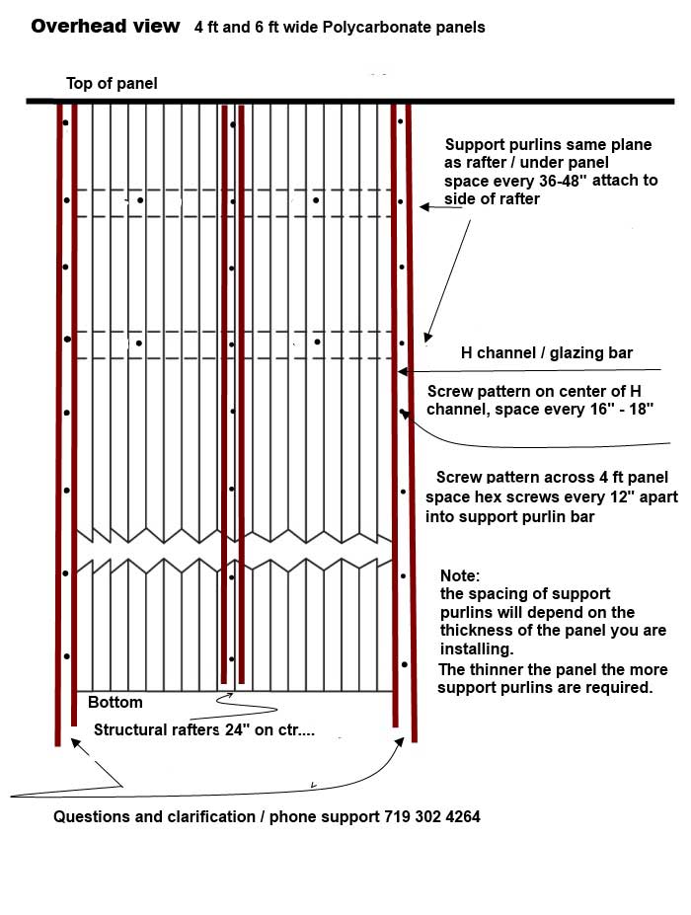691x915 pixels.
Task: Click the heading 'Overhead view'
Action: (106, 27)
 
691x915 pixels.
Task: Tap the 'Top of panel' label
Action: (112, 84)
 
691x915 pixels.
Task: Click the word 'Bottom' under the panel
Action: (115, 703)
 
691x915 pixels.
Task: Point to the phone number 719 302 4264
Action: (430, 817)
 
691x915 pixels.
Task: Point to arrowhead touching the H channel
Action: (401, 371)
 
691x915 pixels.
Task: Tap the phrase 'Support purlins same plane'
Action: (549, 144)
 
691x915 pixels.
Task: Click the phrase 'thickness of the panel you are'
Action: (554, 630)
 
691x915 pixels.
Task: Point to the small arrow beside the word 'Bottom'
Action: (228, 695)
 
